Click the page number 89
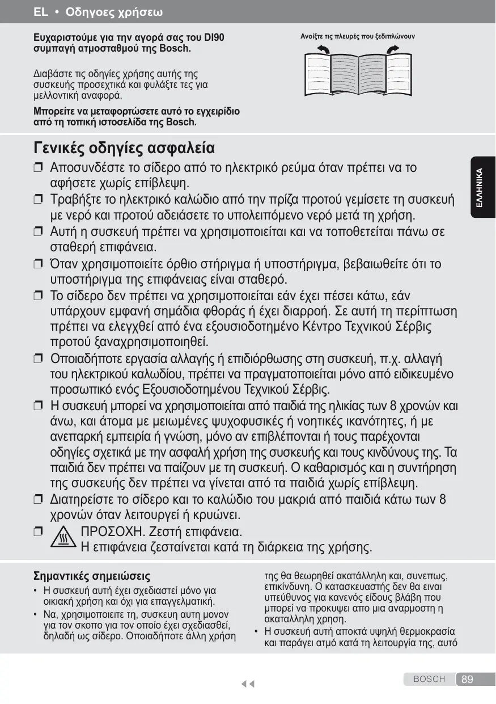click(x=468, y=680)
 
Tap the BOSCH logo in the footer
click(x=429, y=679)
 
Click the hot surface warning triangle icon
click(x=67, y=537)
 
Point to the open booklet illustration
click(x=357, y=76)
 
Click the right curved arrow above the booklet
click(x=392, y=50)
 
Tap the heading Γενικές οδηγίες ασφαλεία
click(x=124, y=149)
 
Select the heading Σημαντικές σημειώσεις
click(x=92, y=577)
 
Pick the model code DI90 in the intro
click(x=214, y=38)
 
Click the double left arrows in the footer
click(x=247, y=684)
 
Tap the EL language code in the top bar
click(x=40, y=11)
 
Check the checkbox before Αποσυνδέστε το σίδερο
click(x=38, y=168)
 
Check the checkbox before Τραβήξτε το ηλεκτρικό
click(x=38, y=200)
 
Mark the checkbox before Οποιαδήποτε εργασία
click(x=38, y=359)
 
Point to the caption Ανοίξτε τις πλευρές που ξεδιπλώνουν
click(x=357, y=37)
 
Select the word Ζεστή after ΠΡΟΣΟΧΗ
click(x=169, y=533)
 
